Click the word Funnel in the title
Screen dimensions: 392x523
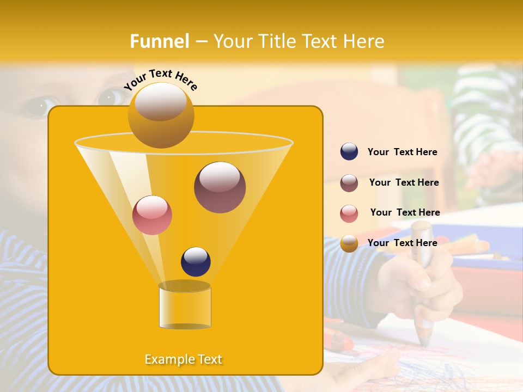159,41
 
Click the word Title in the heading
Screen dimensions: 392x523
275,41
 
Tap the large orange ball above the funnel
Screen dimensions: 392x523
161,115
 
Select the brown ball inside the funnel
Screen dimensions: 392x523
220,187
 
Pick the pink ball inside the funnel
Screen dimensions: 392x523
152,215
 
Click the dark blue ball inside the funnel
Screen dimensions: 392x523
196,261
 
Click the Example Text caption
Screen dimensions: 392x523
184,359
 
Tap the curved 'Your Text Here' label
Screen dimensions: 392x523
160,79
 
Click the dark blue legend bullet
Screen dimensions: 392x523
349,152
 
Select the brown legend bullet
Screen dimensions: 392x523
349,183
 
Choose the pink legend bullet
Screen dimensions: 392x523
349,213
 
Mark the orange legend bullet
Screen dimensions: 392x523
349,243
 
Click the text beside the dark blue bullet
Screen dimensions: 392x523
402,152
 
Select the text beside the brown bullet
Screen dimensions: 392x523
404,183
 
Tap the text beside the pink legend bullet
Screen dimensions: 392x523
405,213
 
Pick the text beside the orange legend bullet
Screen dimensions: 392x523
402,243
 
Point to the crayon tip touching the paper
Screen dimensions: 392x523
424,342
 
